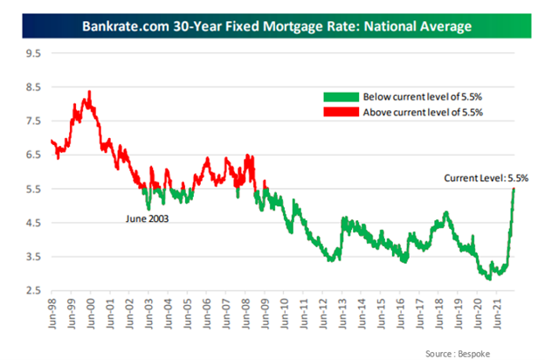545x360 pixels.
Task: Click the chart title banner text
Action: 272,26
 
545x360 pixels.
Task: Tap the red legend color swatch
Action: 341,112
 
